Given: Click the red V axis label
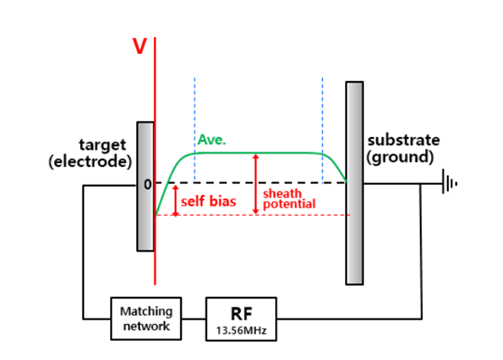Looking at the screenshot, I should point(140,46).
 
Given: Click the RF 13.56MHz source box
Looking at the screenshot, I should point(240,318).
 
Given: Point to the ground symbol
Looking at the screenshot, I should point(450,184).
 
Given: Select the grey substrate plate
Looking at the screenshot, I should point(354,182).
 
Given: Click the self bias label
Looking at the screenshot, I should point(208,201).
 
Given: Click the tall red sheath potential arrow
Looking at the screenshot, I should point(256,184).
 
